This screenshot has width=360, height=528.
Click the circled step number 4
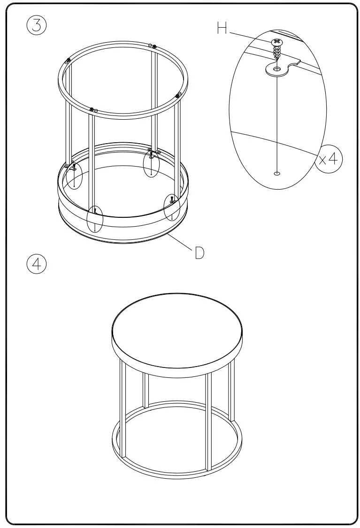37,263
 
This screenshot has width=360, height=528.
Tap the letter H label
222,29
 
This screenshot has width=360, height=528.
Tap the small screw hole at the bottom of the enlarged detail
277,173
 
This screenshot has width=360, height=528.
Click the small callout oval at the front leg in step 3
95,219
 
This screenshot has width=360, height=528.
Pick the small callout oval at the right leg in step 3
172,207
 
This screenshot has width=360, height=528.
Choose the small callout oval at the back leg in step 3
151,162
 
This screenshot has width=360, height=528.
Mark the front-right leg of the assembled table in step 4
209,420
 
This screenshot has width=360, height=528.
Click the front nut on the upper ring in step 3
92,109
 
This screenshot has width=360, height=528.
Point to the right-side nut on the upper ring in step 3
178,96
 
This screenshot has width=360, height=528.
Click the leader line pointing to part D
178,242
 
